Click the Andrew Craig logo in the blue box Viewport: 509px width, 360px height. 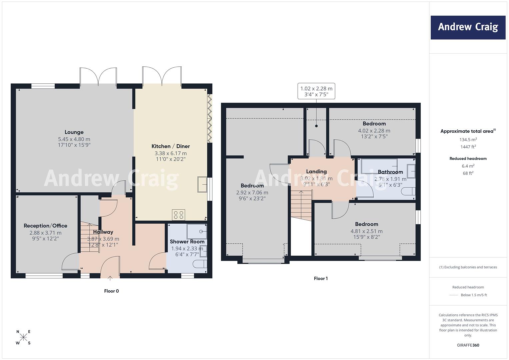[x=468, y=27]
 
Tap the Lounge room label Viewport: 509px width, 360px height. [x=74, y=132]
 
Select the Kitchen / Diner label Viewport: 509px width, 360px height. [x=171, y=146]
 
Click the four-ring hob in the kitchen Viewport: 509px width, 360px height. [x=178, y=215]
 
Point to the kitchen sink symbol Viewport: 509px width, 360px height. [x=202, y=184]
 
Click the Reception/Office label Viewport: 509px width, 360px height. [x=45, y=226]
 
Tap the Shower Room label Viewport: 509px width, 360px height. [x=187, y=242]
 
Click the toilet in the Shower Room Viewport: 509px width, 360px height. [x=200, y=264]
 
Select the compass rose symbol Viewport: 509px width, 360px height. [x=23, y=337]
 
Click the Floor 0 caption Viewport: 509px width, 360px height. [x=111, y=291]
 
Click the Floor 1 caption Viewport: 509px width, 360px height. [x=321, y=278]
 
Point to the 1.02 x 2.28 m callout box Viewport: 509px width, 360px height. [x=316, y=91]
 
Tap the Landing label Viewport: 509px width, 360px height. [x=316, y=172]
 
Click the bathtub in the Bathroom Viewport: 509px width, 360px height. [x=379, y=166]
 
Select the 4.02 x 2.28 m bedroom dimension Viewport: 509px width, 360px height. [x=374, y=131]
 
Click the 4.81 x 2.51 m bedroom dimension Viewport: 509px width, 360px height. [x=367, y=231]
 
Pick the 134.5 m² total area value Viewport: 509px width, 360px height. [x=468, y=139]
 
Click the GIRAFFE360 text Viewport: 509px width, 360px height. [x=468, y=345]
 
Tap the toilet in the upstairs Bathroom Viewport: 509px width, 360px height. [x=408, y=191]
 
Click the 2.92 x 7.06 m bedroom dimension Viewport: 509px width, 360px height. [x=252, y=193]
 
